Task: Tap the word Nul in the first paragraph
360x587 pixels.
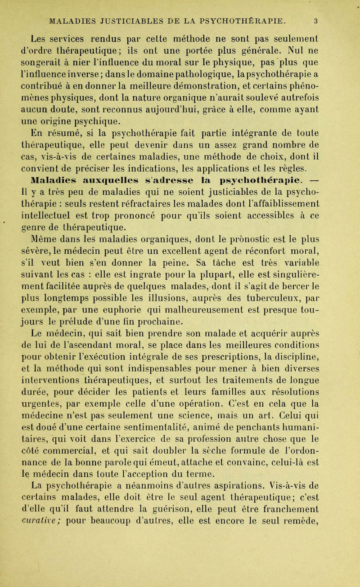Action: (286, 45)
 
